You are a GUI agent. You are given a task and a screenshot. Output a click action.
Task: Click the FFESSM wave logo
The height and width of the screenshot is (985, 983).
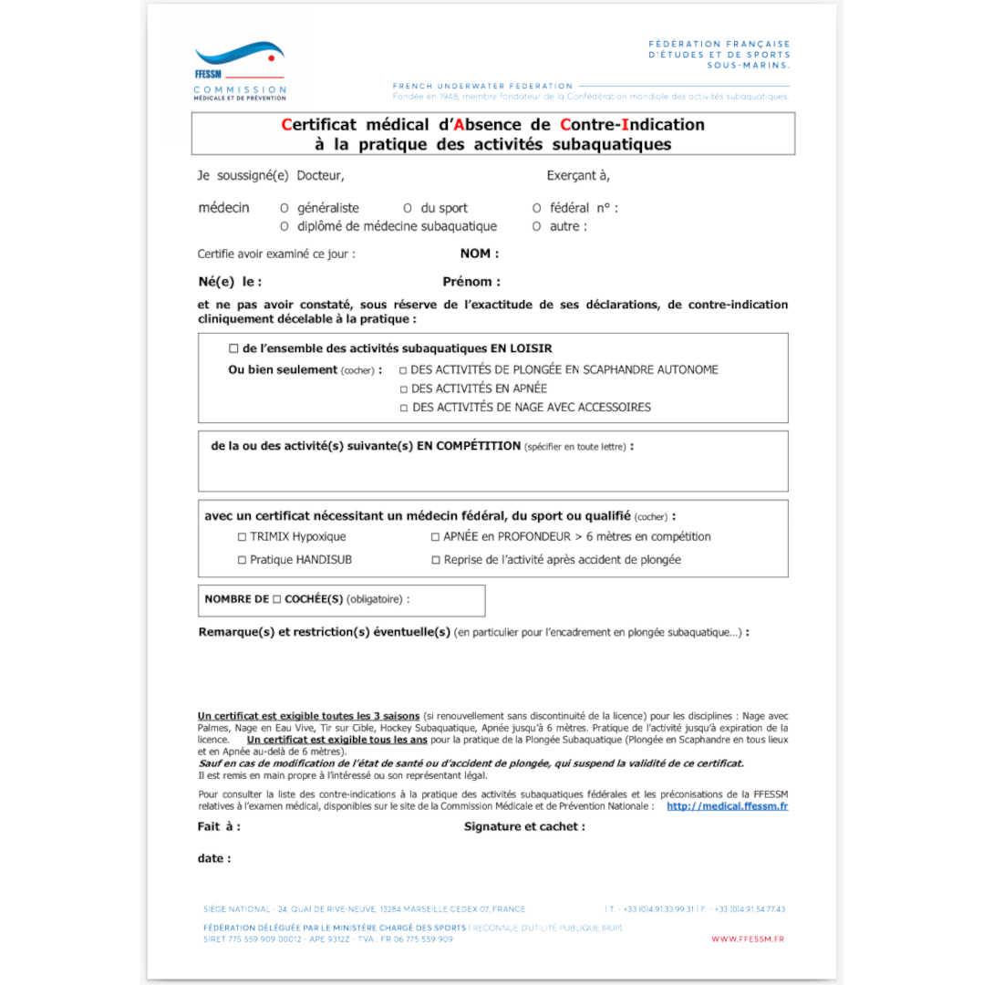(x=239, y=57)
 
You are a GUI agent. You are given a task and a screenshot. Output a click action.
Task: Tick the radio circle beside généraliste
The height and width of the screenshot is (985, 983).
(x=285, y=208)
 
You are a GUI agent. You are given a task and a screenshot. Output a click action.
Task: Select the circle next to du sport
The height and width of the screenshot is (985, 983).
(x=408, y=208)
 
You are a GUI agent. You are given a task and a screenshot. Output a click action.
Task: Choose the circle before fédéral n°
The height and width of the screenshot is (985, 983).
(x=536, y=208)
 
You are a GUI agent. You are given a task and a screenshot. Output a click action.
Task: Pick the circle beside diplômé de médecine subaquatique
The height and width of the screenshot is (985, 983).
(x=285, y=226)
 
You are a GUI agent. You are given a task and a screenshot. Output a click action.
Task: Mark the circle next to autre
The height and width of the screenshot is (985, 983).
(x=536, y=226)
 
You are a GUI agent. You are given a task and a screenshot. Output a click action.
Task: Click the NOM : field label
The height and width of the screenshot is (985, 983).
(x=480, y=254)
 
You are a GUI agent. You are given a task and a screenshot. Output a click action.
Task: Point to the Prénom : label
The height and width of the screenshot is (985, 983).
(x=471, y=282)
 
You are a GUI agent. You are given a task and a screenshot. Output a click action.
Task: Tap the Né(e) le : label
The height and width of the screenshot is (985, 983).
(x=230, y=282)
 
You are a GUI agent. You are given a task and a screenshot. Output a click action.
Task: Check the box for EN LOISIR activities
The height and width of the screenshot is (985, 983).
(x=233, y=348)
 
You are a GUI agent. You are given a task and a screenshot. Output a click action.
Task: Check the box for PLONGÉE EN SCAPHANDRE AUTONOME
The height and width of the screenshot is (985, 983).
(x=403, y=370)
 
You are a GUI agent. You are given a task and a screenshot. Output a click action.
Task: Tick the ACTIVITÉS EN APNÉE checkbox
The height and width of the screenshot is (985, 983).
(x=403, y=389)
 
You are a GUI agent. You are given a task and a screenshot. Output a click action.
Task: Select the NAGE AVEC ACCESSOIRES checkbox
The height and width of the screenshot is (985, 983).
(x=403, y=409)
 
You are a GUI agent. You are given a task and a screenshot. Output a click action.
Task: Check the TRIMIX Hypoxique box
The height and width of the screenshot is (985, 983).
(x=242, y=537)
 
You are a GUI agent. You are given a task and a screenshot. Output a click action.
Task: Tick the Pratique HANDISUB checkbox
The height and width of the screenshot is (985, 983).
(x=242, y=560)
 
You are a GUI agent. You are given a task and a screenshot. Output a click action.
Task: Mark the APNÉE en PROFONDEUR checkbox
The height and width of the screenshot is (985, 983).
(x=435, y=537)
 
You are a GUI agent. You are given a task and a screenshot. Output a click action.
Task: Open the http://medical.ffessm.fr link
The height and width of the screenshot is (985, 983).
(x=727, y=806)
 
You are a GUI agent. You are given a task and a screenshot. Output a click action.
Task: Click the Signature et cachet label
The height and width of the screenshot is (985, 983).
(x=524, y=827)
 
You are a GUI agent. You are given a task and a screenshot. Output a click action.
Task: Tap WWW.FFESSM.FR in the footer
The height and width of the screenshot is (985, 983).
(x=747, y=939)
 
